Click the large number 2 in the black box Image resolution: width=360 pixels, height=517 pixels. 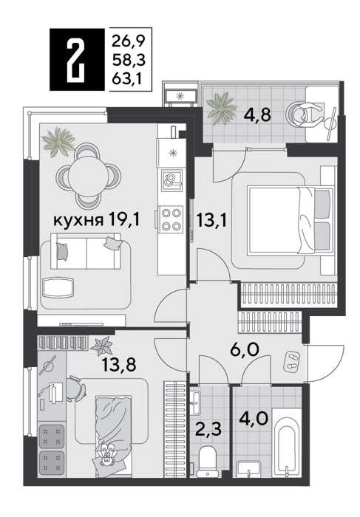pyautogui.click(x=76, y=59)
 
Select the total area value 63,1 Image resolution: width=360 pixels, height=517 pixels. pyautogui.click(x=129, y=79)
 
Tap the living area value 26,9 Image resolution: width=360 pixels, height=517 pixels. pyautogui.click(x=129, y=41)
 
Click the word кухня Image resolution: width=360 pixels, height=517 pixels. pyautogui.click(x=78, y=220)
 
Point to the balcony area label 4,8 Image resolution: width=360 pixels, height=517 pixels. pyautogui.click(x=257, y=114)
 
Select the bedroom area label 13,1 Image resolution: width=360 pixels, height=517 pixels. pyautogui.click(x=211, y=220)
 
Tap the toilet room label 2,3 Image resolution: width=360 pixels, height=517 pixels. pyautogui.click(x=208, y=430)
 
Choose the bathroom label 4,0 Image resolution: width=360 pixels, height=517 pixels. pyautogui.click(x=254, y=419)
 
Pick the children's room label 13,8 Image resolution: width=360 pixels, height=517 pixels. pyautogui.click(x=119, y=365)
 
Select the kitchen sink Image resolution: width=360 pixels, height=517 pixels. pyautogui.click(x=172, y=180)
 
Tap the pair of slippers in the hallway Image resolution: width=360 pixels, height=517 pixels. pyautogui.click(x=292, y=360)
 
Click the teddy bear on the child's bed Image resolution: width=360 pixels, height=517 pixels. pyautogui.click(x=107, y=456)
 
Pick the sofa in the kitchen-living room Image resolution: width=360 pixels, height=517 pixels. pyautogui.click(x=86, y=251)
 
